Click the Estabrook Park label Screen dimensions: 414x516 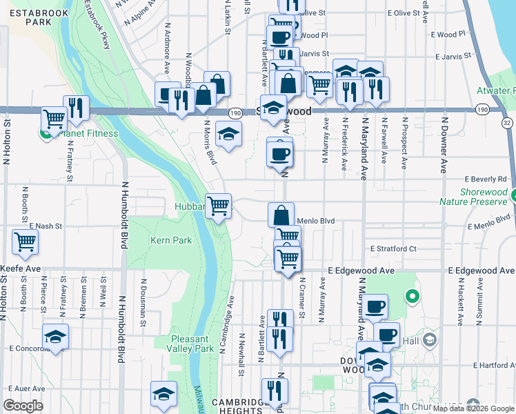pos(30,17)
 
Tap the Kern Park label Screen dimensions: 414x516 pos(171,240)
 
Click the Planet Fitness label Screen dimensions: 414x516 pos(88,133)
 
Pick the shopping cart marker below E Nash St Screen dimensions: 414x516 pos(25,242)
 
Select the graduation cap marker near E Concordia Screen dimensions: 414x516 pos(55,337)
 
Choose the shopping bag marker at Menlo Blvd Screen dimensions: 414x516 pos(281,215)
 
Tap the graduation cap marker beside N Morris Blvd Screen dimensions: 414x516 pos(228,133)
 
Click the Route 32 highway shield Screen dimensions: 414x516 pos(508,123)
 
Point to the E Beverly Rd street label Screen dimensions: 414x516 pos(490,179)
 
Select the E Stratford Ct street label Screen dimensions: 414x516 pos(393,248)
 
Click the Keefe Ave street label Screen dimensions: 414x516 pos(21,268)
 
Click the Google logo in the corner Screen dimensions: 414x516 pos(23,406)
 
